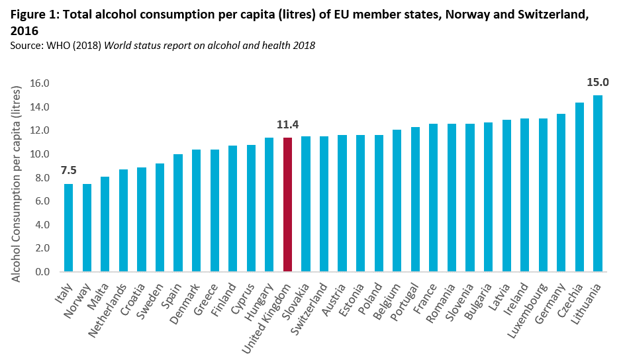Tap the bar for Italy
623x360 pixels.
(x=69, y=228)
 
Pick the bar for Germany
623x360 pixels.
(x=561, y=193)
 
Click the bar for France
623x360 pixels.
(x=433, y=198)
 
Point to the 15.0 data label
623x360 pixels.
(x=597, y=83)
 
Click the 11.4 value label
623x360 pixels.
(x=287, y=124)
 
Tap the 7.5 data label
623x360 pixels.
(x=69, y=171)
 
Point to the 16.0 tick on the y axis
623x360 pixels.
(x=41, y=84)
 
